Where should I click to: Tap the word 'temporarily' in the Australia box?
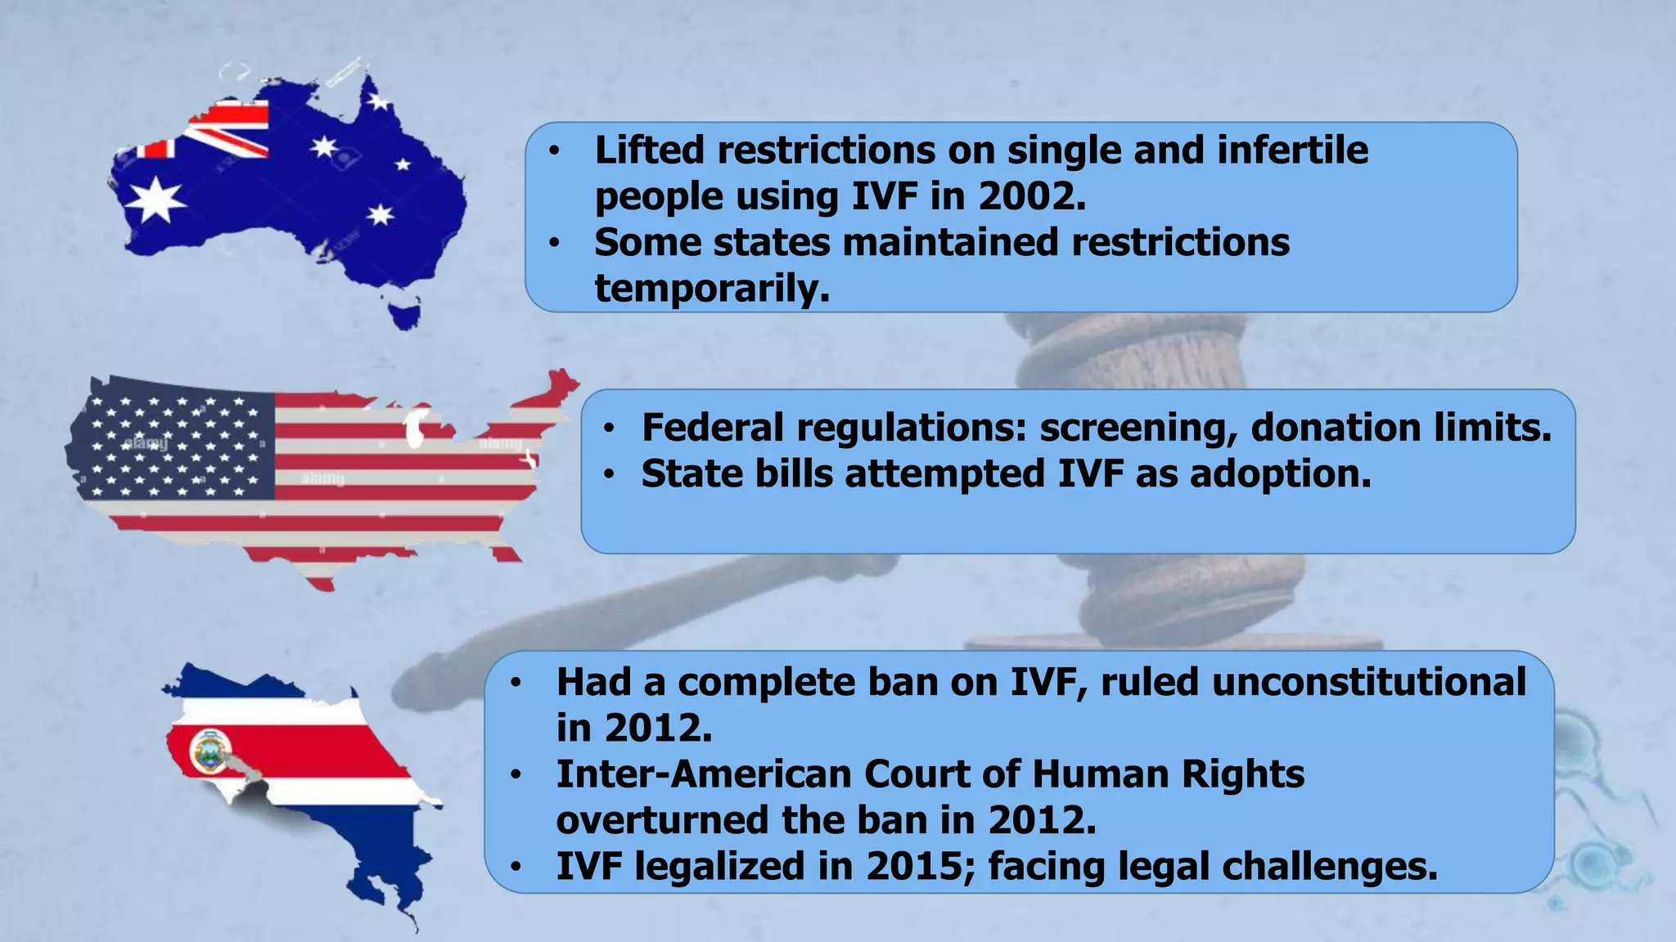coord(710,289)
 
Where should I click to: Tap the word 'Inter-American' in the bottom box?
coord(703,774)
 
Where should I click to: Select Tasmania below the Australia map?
coord(404,315)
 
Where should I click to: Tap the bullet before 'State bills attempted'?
coord(609,474)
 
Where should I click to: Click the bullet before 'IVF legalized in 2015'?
coord(515,867)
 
